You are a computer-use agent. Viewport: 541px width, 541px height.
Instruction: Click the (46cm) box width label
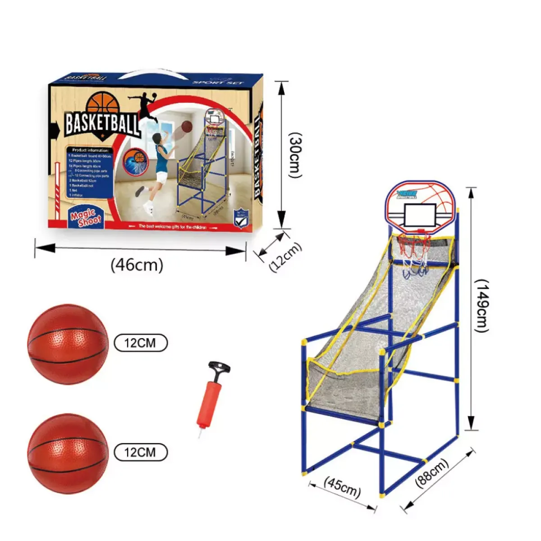(x=137, y=265)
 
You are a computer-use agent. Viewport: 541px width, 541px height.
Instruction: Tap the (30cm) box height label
(x=295, y=155)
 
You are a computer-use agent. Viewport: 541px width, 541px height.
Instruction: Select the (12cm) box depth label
(x=285, y=257)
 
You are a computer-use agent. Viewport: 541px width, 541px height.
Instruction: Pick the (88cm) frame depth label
(x=432, y=473)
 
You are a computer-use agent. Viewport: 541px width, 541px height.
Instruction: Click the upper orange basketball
(x=68, y=344)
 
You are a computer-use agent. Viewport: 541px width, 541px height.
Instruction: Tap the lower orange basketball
(x=68, y=454)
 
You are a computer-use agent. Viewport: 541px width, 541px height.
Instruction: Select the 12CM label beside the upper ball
(x=140, y=343)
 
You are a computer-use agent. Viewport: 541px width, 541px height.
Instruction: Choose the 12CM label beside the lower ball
(x=140, y=452)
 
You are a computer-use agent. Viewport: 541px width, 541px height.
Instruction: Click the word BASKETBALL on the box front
(x=102, y=122)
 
